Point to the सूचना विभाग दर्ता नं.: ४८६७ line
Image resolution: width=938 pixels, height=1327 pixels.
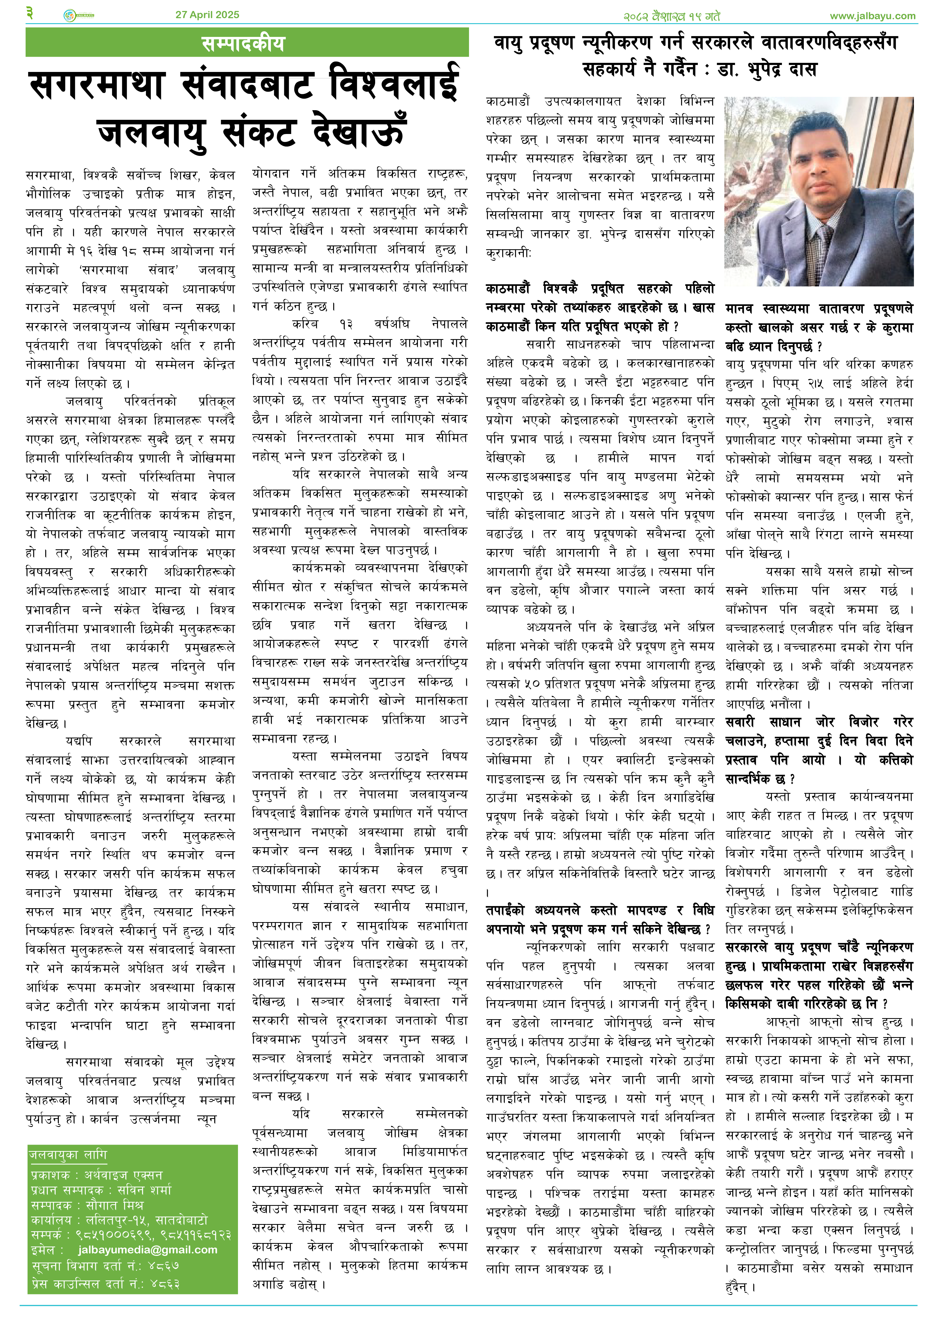point(105,1266)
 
